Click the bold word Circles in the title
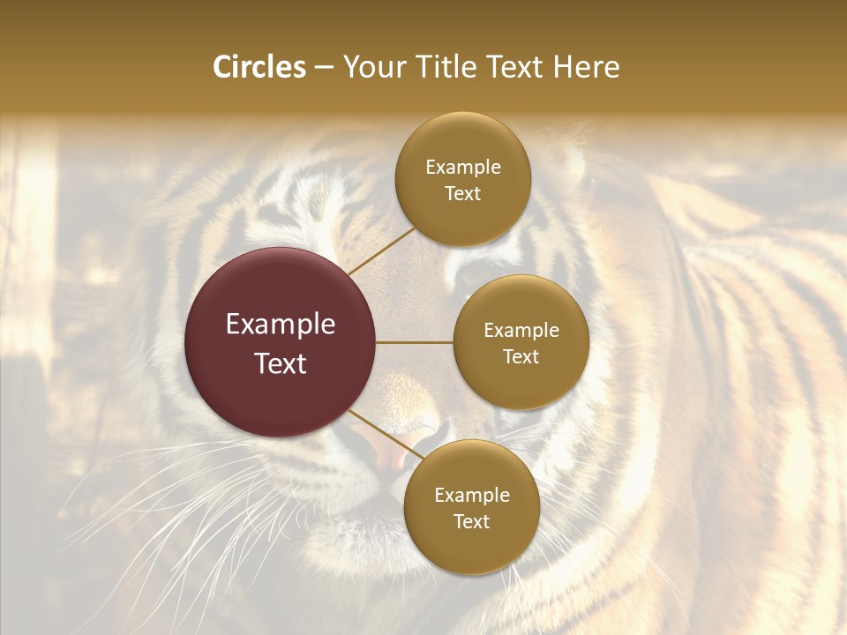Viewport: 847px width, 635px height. [259, 67]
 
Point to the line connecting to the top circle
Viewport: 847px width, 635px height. [381, 250]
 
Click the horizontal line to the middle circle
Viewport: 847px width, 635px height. [415, 342]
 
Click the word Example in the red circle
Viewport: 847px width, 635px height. [281, 325]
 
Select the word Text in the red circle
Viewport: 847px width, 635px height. [281, 363]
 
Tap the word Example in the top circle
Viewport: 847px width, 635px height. [462, 168]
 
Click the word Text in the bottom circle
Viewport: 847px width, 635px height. [471, 521]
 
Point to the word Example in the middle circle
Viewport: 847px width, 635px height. [521, 331]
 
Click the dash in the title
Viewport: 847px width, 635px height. [323, 67]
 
